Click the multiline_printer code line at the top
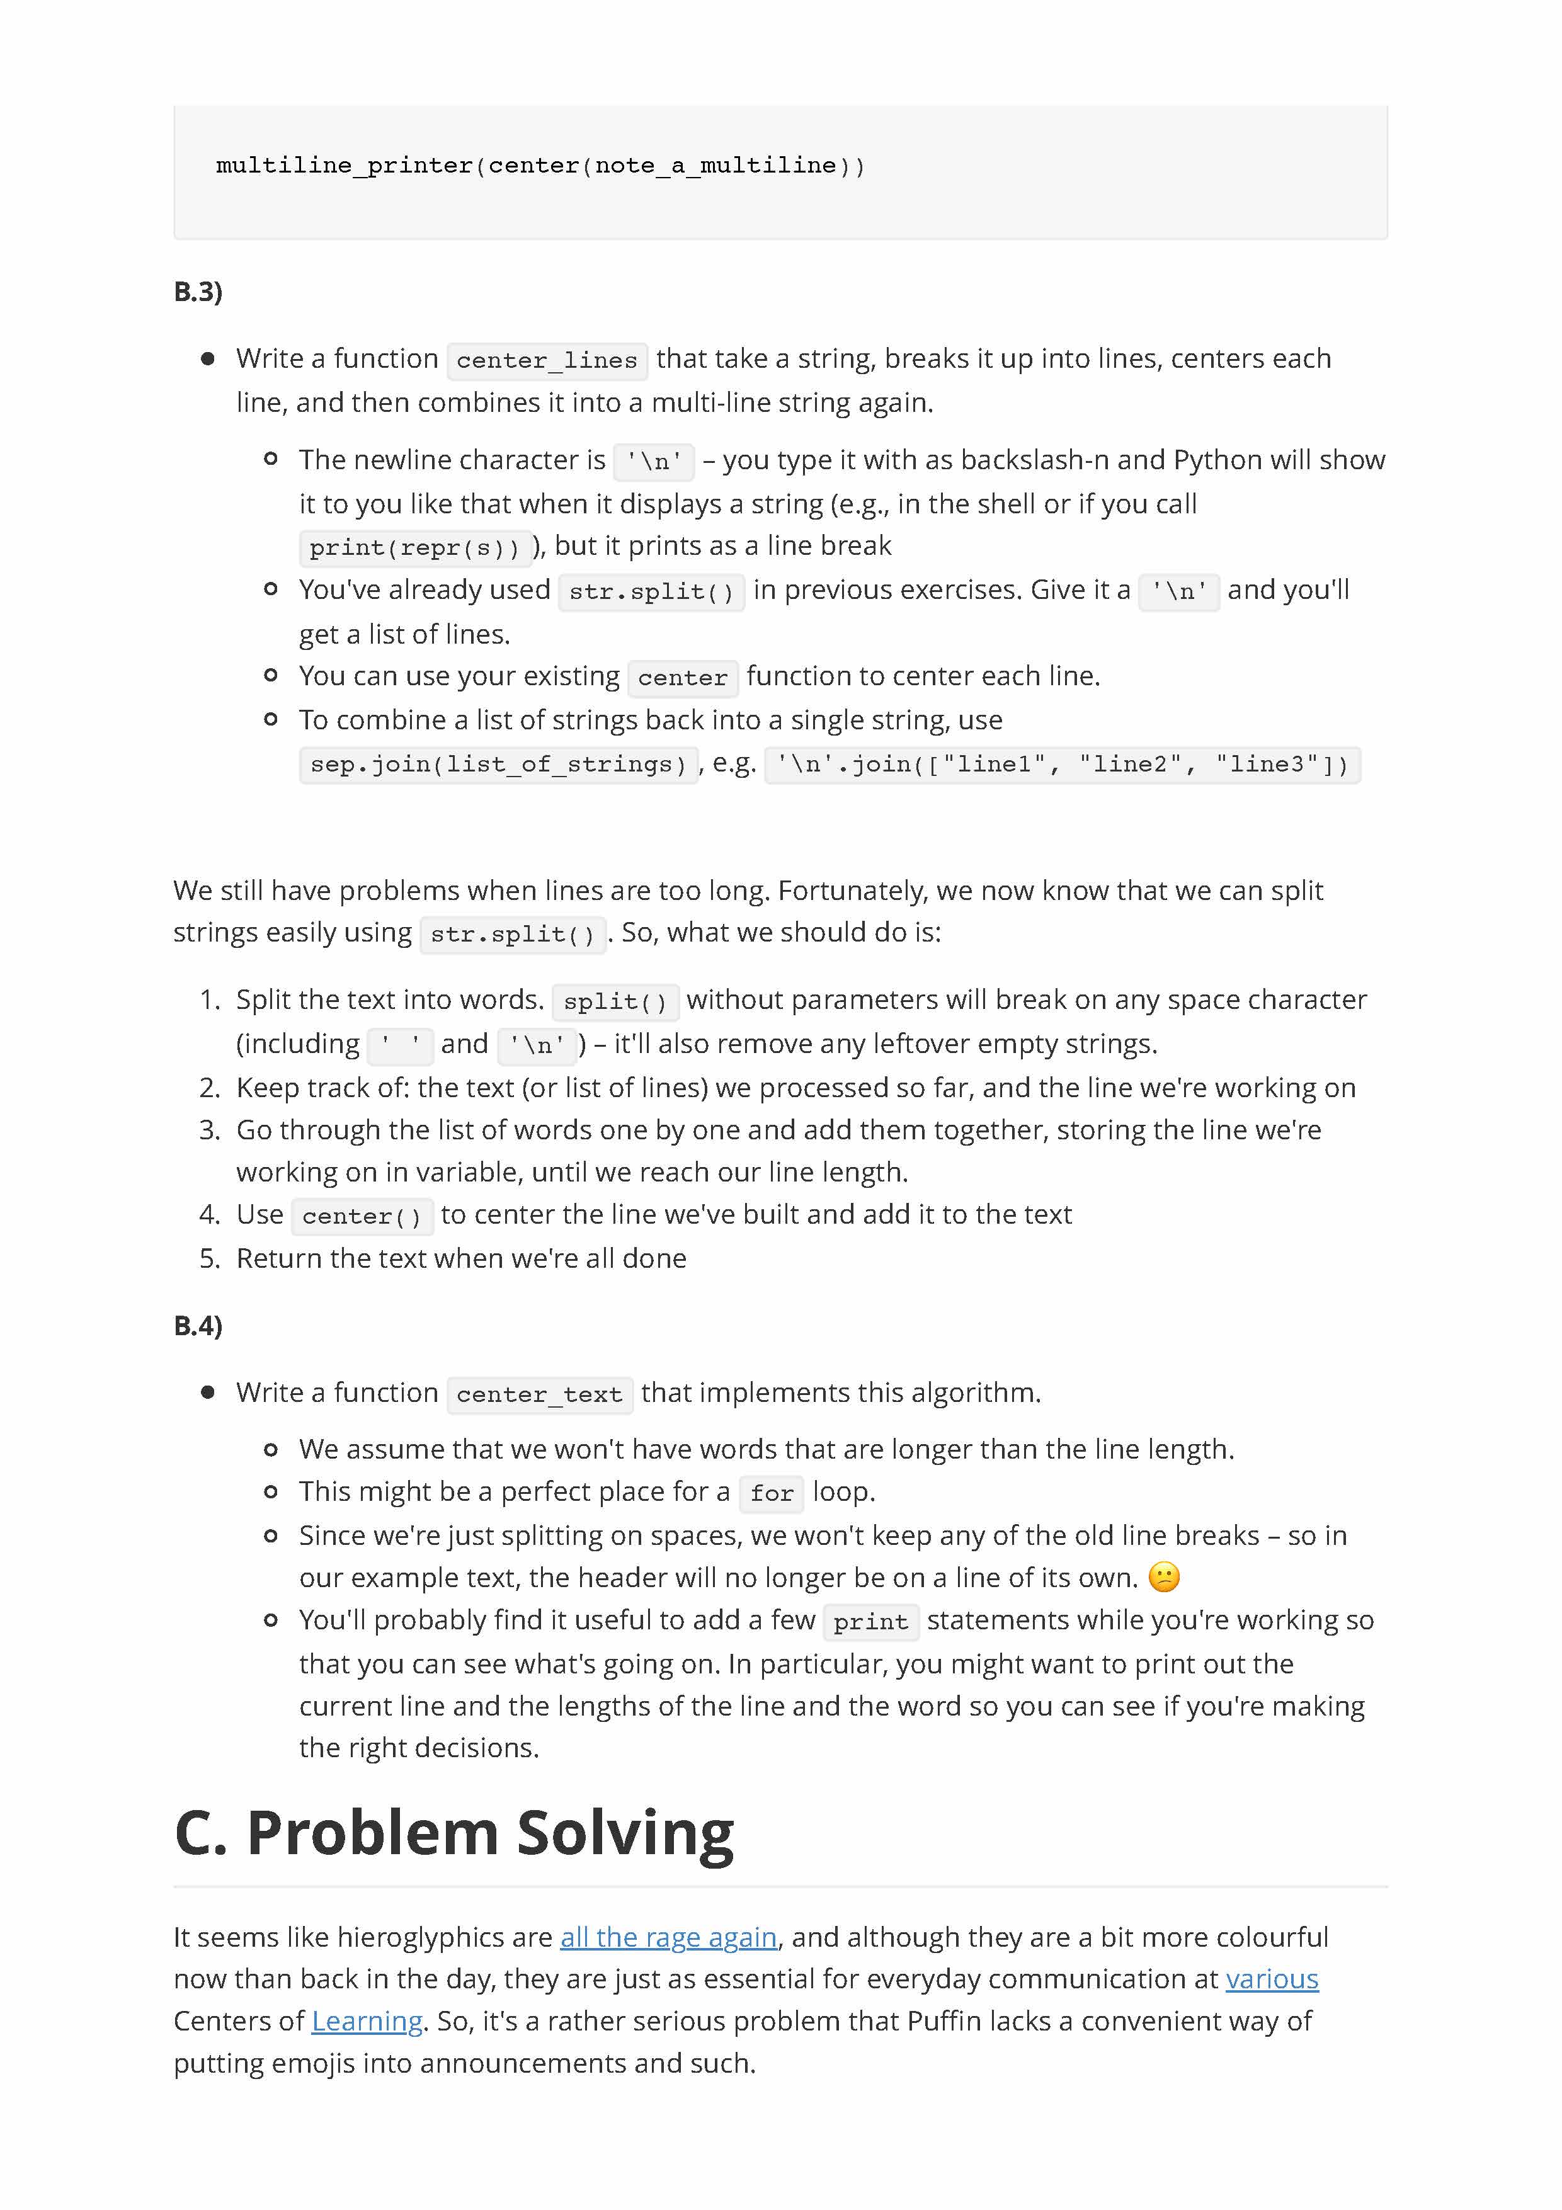coord(540,166)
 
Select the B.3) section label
coord(197,292)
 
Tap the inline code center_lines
coord(547,360)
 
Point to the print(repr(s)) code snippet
coord(415,548)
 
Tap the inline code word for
coord(771,1493)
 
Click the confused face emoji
coord(1163,1576)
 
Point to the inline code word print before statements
coord(870,1622)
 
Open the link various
coord(1272,1978)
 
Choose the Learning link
coord(367,2020)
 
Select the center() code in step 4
coord(361,1216)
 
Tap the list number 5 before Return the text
coord(209,1258)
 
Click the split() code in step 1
coord(615,1001)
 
